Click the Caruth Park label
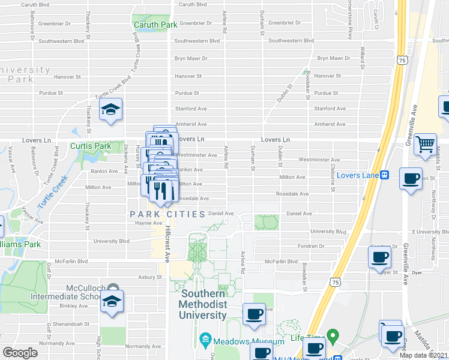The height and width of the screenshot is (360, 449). click(155, 25)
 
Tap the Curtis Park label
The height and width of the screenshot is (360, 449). click(91, 146)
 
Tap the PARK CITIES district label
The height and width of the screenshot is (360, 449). click(168, 214)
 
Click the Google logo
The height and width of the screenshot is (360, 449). click(20, 353)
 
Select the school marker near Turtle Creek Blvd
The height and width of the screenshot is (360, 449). click(110, 110)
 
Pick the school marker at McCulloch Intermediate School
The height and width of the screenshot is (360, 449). click(112, 302)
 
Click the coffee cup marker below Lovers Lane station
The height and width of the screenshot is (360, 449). click(411, 179)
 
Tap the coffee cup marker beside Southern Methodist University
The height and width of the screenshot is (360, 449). click(254, 314)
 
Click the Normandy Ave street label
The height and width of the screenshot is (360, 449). click(139, 346)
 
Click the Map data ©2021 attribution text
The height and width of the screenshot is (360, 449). click(424, 355)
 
